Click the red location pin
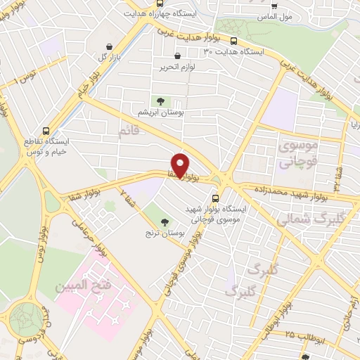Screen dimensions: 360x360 (x=181, y=165)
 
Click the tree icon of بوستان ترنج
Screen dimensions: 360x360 (x=165, y=222)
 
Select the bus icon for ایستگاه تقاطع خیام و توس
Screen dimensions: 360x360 (x=46, y=131)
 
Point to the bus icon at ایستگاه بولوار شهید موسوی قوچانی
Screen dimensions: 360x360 (x=215, y=198)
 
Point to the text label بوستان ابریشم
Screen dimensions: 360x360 (x=163, y=112)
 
